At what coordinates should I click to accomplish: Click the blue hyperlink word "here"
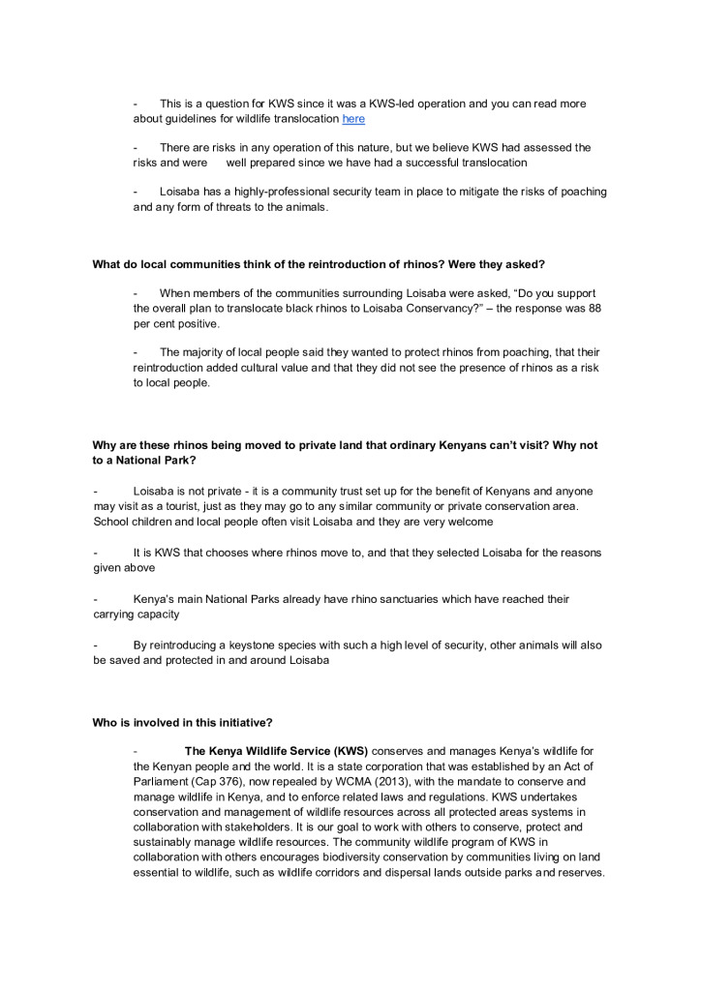point(353,119)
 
